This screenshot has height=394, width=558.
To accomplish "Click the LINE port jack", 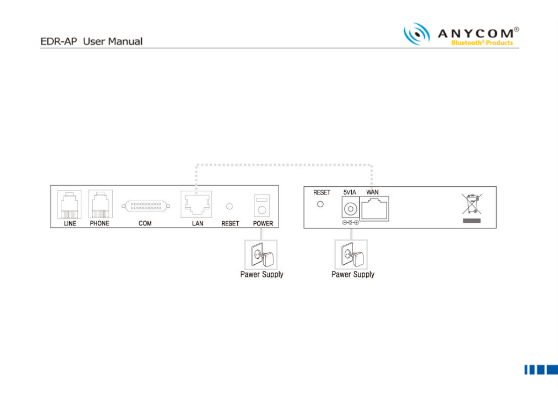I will pos(69,204).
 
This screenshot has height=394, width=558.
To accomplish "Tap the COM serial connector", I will pos(145,206).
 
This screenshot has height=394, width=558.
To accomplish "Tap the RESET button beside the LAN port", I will pos(230,206).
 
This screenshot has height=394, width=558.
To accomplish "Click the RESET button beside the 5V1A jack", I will pos(320,204).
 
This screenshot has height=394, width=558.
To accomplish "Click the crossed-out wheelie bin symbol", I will pos(471,204).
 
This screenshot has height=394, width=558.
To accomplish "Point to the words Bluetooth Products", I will pos(482,43).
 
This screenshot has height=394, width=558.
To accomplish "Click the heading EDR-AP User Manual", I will pos(91,42).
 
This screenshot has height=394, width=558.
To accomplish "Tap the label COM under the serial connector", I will pos(145,224).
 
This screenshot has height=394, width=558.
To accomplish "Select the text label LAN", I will pos(197,224).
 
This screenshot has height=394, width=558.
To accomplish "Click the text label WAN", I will pos(372,192).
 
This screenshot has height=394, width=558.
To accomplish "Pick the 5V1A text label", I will pos(350,192).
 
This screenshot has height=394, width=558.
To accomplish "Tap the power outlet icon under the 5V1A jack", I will pos(351,255).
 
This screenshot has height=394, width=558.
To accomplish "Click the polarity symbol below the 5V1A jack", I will pos(350,223).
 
